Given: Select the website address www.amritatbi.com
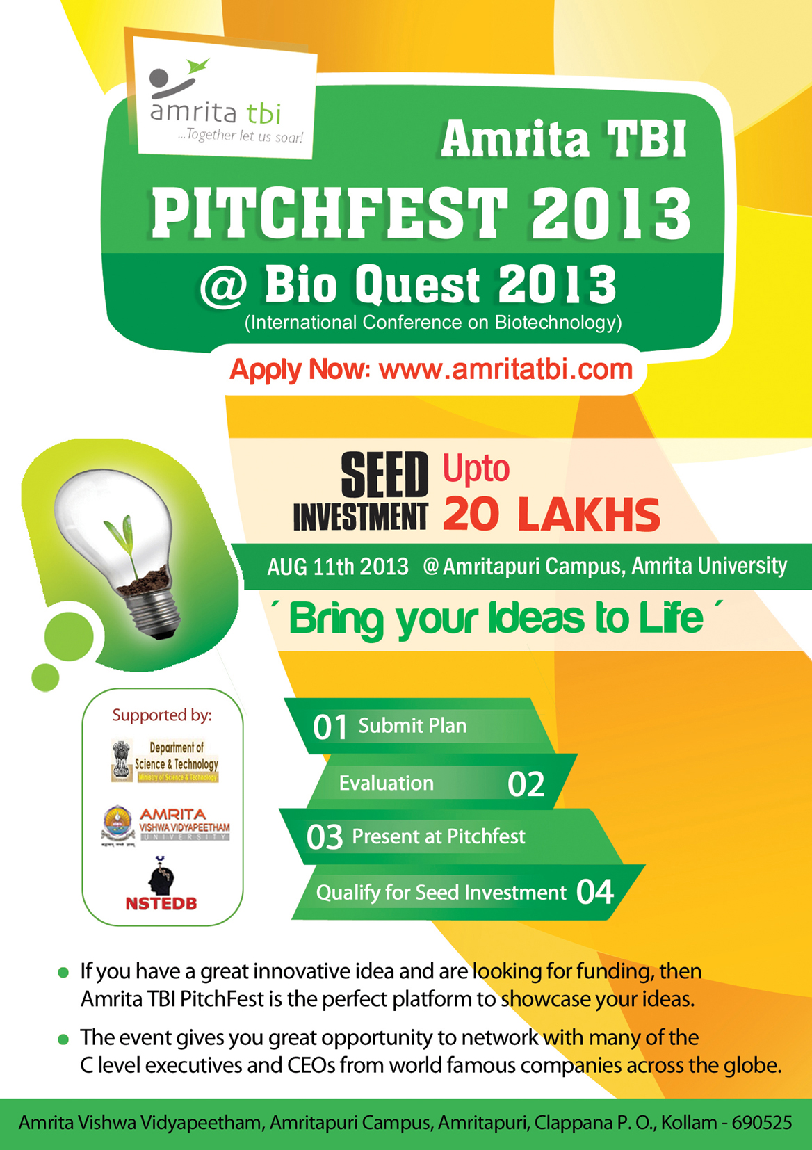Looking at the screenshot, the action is coord(505,370).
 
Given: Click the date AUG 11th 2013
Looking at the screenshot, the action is coord(338,567).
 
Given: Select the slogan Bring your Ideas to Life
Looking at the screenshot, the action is coord(496,619).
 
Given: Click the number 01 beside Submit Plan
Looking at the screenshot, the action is coord(330,727).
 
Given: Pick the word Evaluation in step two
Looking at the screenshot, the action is coord(387,783).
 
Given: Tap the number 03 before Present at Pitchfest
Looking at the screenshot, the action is coord(324,837).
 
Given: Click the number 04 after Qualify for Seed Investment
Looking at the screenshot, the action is coord(595,892).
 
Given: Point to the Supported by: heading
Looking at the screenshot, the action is coord(162,715).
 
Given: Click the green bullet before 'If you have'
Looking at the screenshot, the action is coord(63,973).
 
